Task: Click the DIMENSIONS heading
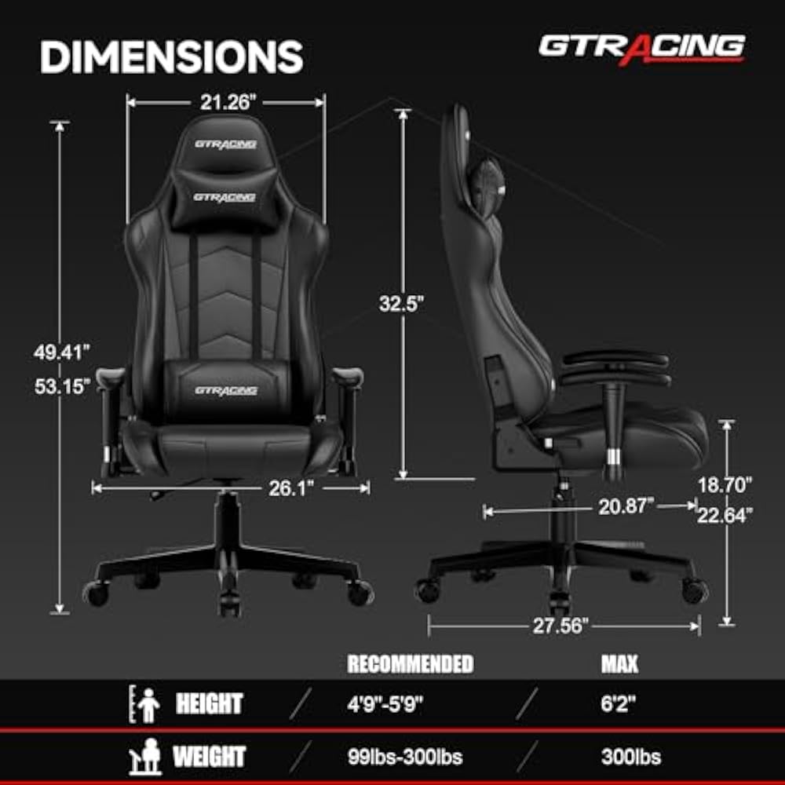[x=171, y=57]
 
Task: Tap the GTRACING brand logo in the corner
[x=641, y=47]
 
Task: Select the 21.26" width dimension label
[x=225, y=101]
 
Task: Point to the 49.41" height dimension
[x=62, y=352]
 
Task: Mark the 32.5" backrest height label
[x=401, y=304]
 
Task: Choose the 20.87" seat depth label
[x=626, y=507]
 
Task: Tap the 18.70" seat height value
[x=725, y=484]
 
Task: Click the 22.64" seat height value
[x=725, y=515]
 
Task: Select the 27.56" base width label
[x=561, y=626]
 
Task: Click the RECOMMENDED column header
[x=410, y=664]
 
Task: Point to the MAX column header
[x=619, y=664]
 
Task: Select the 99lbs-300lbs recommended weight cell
[x=405, y=758]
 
